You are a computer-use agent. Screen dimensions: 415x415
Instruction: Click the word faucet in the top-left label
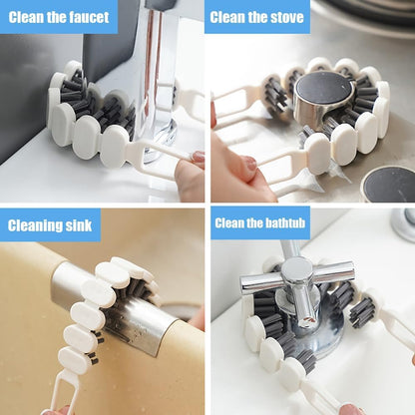point(86,16)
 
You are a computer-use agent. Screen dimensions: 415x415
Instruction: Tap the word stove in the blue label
point(285,16)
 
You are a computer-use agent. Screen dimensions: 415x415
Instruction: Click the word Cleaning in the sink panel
point(35,224)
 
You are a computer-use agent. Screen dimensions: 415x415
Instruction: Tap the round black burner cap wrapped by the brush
point(323,92)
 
